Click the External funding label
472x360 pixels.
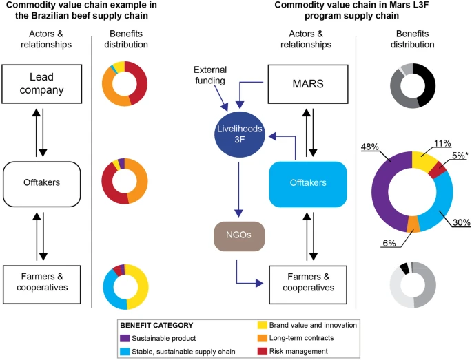(x=209, y=76)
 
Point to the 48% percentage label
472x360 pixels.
(x=370, y=147)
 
